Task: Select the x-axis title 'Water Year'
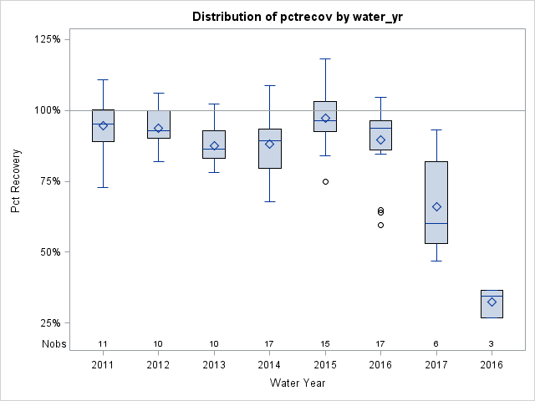(x=297, y=383)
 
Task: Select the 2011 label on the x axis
(x=103, y=365)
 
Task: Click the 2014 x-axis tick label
(x=269, y=365)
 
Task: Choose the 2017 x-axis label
(x=436, y=365)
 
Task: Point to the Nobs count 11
(x=103, y=344)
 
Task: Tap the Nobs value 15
(x=325, y=344)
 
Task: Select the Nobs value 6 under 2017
(x=436, y=344)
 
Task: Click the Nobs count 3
(x=492, y=344)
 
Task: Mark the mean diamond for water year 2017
(x=436, y=206)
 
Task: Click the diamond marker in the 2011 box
(x=103, y=125)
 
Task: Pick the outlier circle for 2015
(x=325, y=181)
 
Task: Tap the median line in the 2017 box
(x=436, y=223)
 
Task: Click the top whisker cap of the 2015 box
(x=325, y=58)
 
